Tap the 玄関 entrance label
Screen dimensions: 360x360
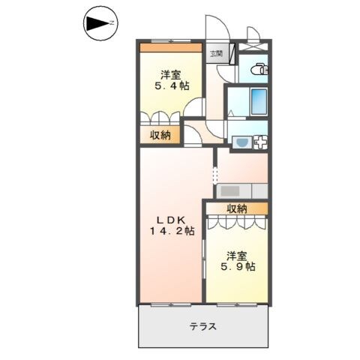[216, 53]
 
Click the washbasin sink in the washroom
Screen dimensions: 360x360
[242, 141]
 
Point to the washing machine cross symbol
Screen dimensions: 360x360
[261, 141]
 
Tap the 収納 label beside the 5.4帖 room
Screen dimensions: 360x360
[158, 135]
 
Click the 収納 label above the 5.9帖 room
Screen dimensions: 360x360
[236, 208]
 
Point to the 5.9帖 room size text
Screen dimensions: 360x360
[238, 266]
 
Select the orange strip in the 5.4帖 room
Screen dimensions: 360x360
[171, 48]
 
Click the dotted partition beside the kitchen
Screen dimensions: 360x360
[216, 176]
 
